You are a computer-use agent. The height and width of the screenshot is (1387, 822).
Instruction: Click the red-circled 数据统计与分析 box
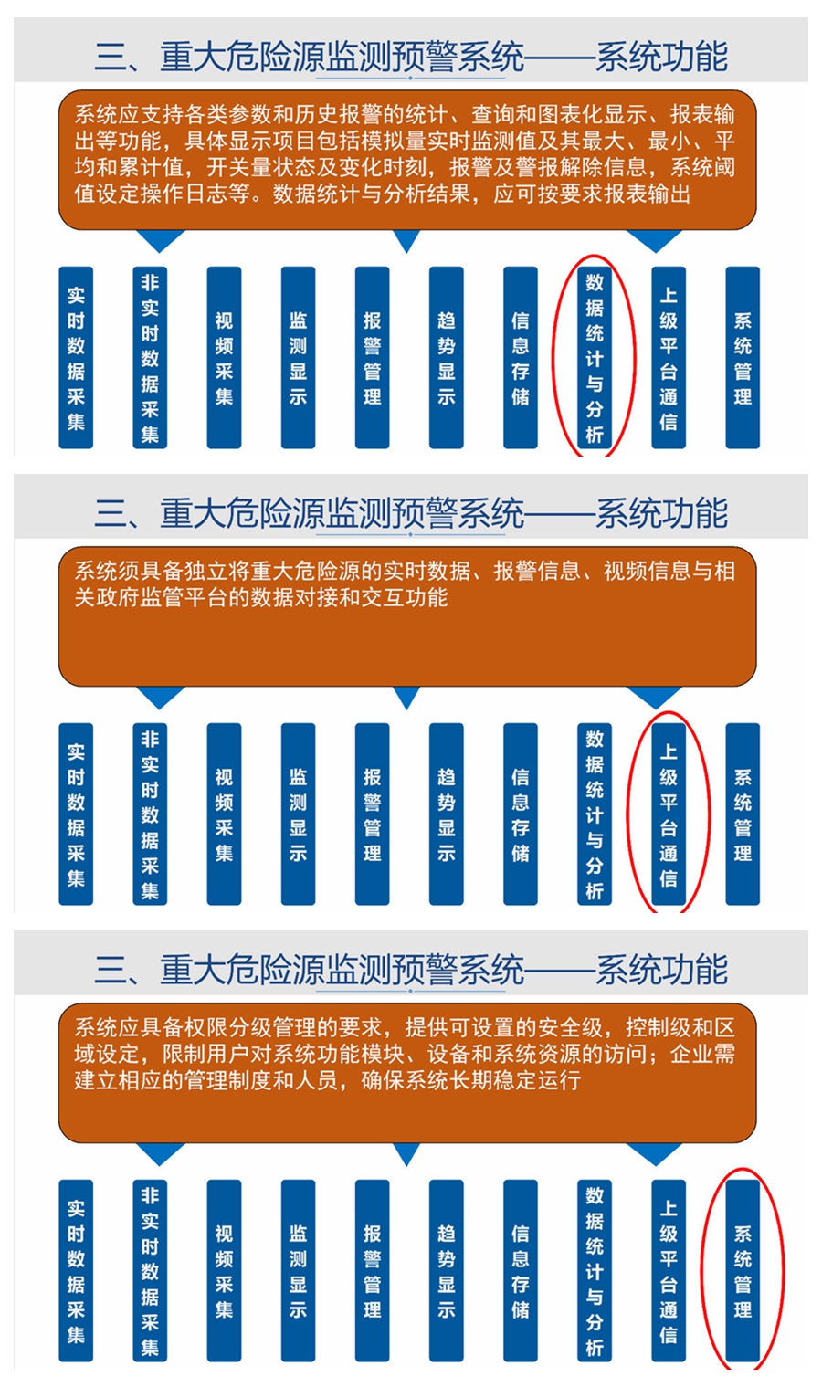pyautogui.click(x=594, y=357)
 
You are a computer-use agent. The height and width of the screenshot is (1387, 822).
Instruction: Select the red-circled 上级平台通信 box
pyautogui.click(x=669, y=814)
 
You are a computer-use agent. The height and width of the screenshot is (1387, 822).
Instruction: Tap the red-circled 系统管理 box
pyautogui.click(x=743, y=1271)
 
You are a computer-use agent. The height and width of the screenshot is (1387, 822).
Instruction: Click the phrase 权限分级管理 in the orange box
pyautogui.click(x=228, y=1027)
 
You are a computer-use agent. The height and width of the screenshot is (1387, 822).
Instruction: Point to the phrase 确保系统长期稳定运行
pyautogui.click(x=470, y=1080)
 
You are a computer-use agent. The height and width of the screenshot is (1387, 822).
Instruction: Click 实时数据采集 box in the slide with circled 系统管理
pyautogui.click(x=76, y=1271)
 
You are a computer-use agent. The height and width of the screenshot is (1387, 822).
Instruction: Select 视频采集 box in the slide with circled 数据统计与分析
pyautogui.click(x=224, y=357)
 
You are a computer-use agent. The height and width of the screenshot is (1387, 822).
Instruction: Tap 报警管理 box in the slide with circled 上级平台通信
pyautogui.click(x=372, y=814)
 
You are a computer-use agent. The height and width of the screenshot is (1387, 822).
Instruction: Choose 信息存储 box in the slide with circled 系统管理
pyautogui.click(x=521, y=1271)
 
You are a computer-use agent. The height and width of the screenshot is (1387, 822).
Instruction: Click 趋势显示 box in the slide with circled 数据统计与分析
pyautogui.click(x=446, y=357)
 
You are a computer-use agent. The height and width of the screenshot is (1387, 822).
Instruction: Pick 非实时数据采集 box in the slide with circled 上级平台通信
pyautogui.click(x=150, y=814)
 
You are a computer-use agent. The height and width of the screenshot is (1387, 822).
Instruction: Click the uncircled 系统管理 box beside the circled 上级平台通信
pyautogui.click(x=743, y=814)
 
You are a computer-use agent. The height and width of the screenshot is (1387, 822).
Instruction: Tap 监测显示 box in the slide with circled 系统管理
pyautogui.click(x=298, y=1271)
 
